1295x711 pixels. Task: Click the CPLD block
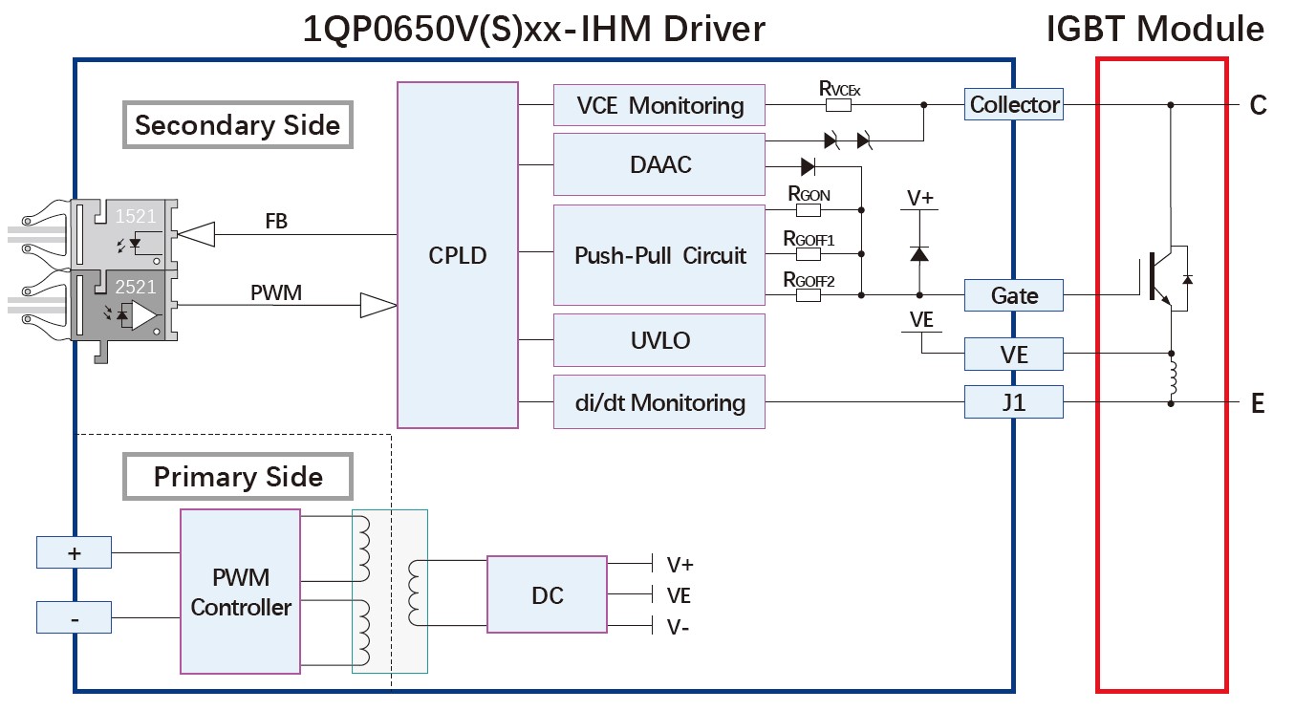(x=458, y=255)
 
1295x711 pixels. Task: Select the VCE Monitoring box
(x=659, y=105)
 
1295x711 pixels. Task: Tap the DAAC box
(x=659, y=164)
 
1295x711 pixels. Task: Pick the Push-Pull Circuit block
(x=659, y=255)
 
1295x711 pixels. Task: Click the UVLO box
(x=659, y=340)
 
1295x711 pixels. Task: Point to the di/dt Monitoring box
(x=659, y=402)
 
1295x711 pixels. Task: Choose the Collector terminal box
(x=1014, y=104)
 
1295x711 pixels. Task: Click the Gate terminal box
(x=1014, y=295)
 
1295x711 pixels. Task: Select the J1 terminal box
(x=1014, y=402)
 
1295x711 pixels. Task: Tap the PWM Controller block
(x=241, y=592)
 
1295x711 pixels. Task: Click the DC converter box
(x=547, y=594)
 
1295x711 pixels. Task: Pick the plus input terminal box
(x=74, y=552)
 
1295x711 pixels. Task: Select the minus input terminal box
(x=74, y=617)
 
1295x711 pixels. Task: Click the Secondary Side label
(x=237, y=125)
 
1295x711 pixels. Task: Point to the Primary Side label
(x=237, y=476)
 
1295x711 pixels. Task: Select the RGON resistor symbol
(x=808, y=209)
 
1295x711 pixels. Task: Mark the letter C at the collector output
(x=1258, y=105)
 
